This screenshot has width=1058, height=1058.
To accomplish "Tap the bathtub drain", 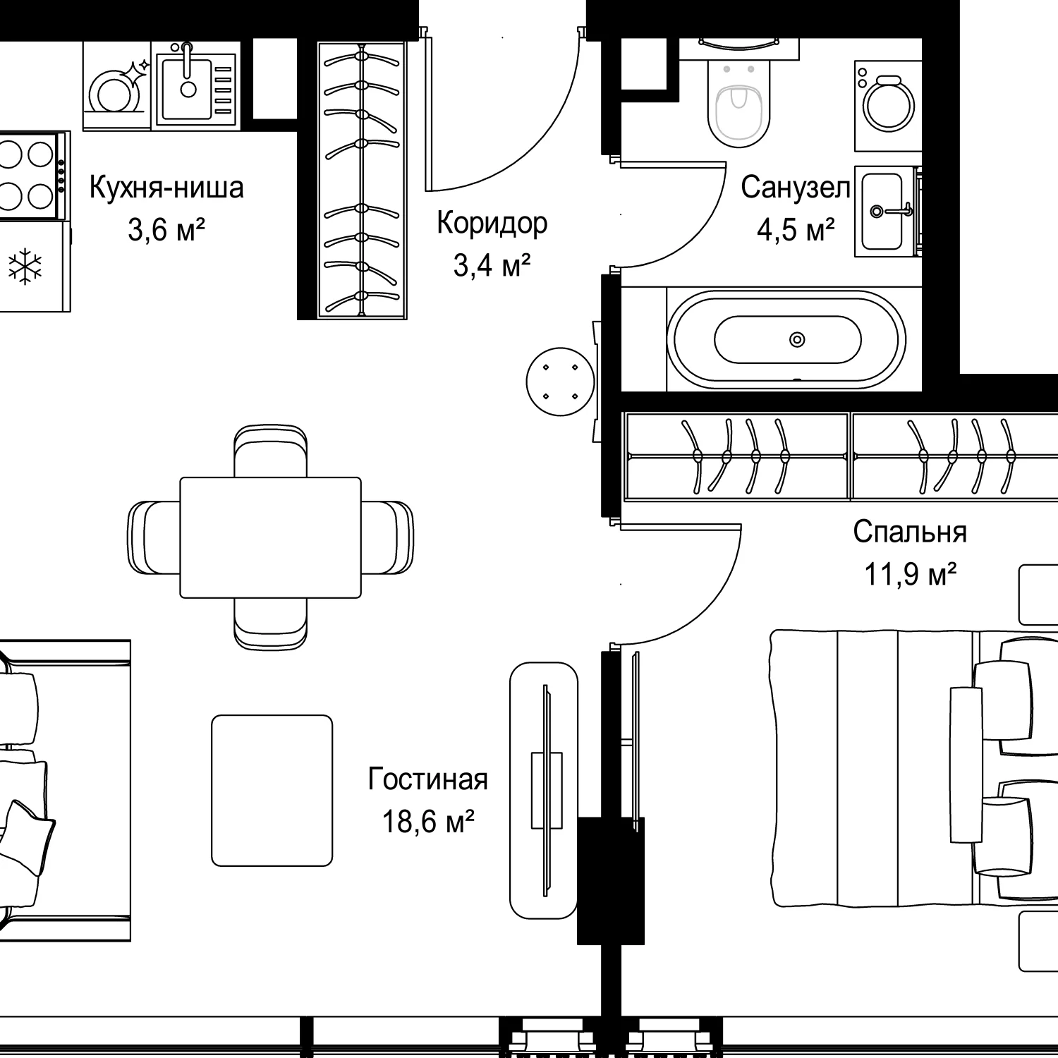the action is (x=797, y=340).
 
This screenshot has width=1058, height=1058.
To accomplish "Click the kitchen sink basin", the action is (x=187, y=89).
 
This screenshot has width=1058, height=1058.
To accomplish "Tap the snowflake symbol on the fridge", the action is (x=25, y=267).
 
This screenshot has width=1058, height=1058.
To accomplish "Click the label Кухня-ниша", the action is (x=166, y=188).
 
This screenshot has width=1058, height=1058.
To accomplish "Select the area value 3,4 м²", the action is (x=492, y=266).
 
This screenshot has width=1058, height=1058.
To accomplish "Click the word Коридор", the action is (x=492, y=223).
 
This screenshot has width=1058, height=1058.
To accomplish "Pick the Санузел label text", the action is (x=795, y=188).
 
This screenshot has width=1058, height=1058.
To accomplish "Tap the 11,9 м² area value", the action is (x=911, y=575).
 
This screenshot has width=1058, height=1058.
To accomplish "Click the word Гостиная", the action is (x=428, y=779).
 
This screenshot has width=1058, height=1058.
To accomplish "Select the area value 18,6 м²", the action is (x=428, y=822).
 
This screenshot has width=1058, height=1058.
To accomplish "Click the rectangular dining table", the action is (x=271, y=537).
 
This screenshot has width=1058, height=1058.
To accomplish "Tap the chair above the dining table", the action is (x=271, y=451).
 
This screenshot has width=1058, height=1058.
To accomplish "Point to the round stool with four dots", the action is (x=561, y=382).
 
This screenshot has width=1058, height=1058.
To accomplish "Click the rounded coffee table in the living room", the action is (x=272, y=790).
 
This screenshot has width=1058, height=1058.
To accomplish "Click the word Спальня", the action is (x=910, y=532).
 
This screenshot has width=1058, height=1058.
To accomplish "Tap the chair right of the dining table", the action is (x=387, y=537).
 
